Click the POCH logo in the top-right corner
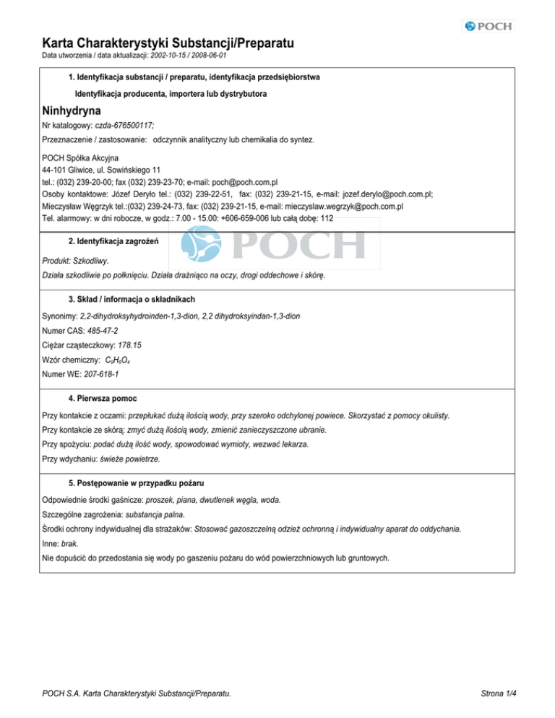pyautogui.click(x=487, y=26)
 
